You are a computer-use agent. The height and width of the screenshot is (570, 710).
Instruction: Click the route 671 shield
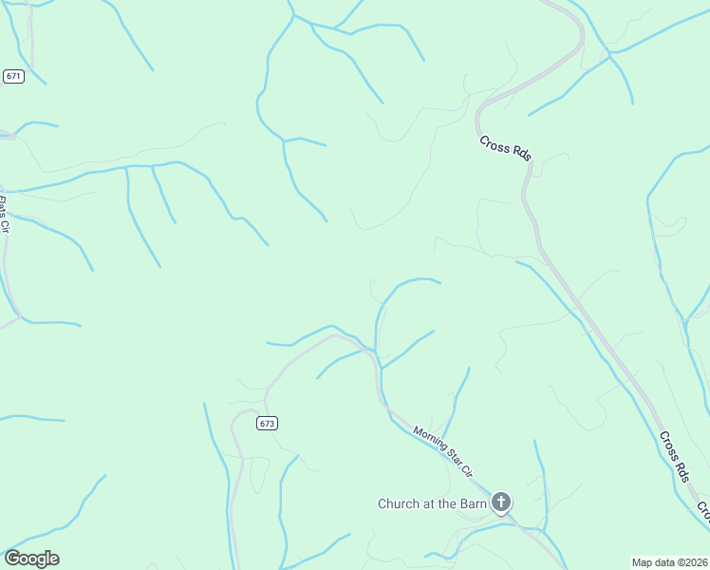pos(12,76)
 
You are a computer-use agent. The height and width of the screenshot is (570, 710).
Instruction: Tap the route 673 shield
pos(267,424)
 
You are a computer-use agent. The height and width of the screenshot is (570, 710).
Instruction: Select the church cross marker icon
pos(501,503)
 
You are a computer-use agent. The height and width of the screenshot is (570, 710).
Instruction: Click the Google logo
pos(31,559)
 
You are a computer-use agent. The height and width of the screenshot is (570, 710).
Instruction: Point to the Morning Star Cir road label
pos(442,451)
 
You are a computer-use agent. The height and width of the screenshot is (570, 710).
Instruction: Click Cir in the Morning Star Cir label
pos(466,469)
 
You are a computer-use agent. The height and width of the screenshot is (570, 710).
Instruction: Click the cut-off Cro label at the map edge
pos(703,512)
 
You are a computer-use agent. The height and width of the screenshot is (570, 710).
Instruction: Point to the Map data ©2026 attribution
pos(669,562)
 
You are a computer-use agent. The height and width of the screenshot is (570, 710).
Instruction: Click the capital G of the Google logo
pos(12,558)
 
